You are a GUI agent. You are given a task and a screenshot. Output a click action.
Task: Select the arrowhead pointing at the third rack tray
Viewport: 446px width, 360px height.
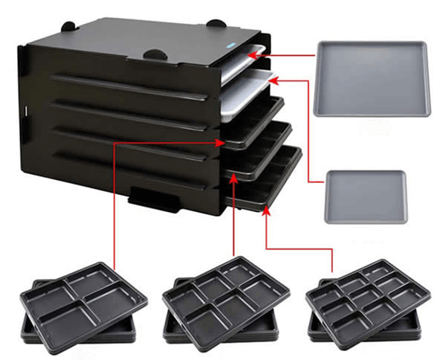(x=223, y=141)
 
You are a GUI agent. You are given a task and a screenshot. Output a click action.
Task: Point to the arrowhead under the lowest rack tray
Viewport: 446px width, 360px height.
(x=268, y=210)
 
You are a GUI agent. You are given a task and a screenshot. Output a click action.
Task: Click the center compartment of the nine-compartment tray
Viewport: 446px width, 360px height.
(x=362, y=295)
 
